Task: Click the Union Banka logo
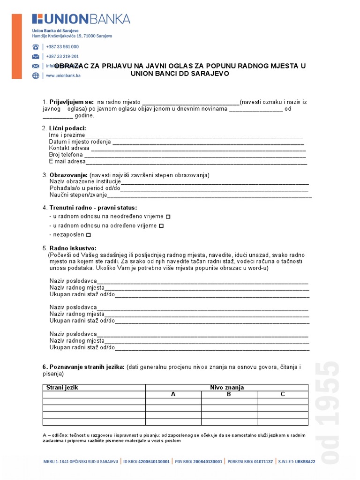coord(81,19)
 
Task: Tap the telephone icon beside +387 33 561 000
coord(36,47)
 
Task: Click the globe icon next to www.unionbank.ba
coord(36,75)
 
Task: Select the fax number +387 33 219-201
coord(62,56)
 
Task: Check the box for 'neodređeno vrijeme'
coord(168,217)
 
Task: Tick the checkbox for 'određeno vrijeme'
coord(161,226)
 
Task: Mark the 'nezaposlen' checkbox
coord(89,235)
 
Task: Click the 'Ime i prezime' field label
coord(65,135)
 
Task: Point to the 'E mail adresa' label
coord(67,161)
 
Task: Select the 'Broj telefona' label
coord(66,155)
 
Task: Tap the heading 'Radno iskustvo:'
coord(73,248)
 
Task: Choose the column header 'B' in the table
coord(229,394)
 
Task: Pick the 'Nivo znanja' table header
coord(227,388)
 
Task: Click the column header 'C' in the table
coord(283,394)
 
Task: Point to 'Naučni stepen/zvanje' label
coord(78,195)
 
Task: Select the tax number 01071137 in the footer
coord(263,461)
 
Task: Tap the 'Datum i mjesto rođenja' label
coord(80,142)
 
